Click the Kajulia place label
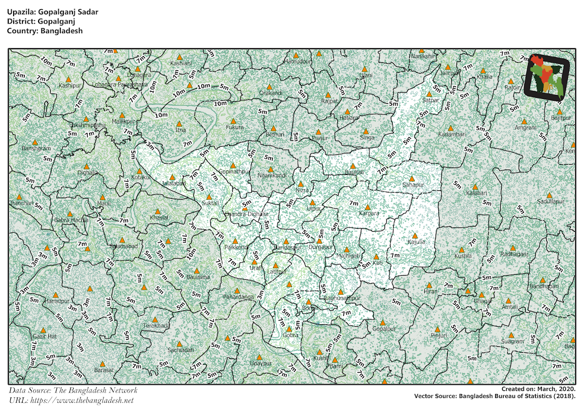point(416,242)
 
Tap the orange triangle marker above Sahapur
point(412,178)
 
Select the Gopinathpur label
point(234,172)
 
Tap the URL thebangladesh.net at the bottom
point(71,400)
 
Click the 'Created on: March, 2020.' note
point(539,389)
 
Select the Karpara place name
point(368,213)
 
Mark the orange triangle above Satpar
point(429,94)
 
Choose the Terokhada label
point(156,325)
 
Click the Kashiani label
point(181,63)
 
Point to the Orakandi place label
point(271,93)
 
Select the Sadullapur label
point(550,201)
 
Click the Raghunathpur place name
point(342,298)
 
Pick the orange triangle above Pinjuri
point(437,329)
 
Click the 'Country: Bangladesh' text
point(45,30)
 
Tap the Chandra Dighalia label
point(245,214)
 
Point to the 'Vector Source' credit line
point(495,396)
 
